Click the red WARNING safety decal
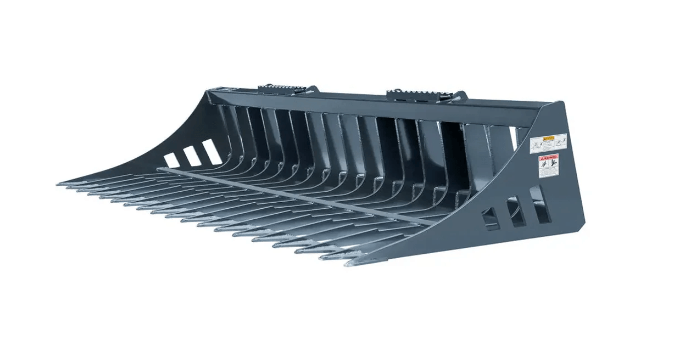tap(549, 166)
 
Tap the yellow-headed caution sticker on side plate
tap(548, 144)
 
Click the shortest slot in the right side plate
tap(491, 219)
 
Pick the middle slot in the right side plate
tap(516, 211)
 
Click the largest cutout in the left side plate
tap(212, 152)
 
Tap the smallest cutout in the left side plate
tap(172, 160)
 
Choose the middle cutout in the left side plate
tap(191, 156)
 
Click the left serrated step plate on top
tap(276, 89)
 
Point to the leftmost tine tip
tap(59, 184)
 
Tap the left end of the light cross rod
tap(159, 169)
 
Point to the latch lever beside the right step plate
tap(460, 96)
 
